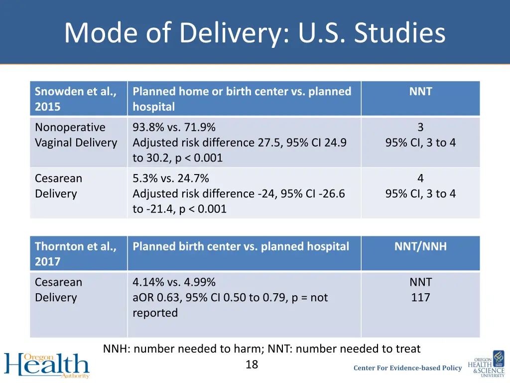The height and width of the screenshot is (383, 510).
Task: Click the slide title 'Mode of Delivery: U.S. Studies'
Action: (255, 33)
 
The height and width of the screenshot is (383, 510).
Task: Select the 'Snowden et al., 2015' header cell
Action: (76, 99)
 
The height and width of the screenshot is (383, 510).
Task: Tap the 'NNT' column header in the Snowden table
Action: (420, 92)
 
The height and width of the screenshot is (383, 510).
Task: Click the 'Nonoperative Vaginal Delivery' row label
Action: (76, 135)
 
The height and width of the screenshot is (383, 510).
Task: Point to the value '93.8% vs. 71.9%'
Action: (174, 128)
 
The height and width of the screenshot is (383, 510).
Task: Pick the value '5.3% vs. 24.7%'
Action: (170, 179)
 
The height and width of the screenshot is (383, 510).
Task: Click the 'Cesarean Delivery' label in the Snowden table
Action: (58, 186)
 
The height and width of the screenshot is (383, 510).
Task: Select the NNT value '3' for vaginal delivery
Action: (420, 128)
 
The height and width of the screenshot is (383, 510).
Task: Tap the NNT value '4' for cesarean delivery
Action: (420, 179)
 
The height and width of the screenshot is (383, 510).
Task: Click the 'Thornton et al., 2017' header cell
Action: (76, 254)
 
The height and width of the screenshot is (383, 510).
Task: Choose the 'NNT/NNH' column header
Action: (420, 246)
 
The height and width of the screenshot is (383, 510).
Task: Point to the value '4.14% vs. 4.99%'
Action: (174, 282)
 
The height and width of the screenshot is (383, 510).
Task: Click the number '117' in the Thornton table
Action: (420, 298)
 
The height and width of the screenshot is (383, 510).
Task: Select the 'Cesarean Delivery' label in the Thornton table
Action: (58, 290)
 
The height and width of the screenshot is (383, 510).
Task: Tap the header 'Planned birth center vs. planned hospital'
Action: (241, 246)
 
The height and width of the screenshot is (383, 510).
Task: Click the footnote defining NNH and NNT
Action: (261, 349)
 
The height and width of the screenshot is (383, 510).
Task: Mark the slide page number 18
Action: (252, 365)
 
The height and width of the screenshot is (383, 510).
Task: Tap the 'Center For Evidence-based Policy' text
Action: (407, 368)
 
